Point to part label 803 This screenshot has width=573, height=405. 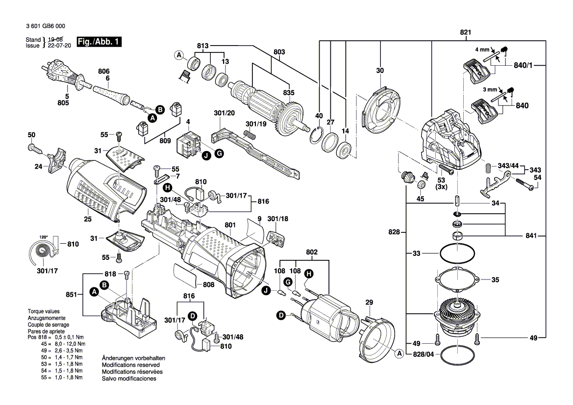279,51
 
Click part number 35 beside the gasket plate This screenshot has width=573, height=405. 495,280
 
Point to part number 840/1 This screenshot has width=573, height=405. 523,65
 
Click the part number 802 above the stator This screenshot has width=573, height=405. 312,253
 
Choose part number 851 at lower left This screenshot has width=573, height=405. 72,295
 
